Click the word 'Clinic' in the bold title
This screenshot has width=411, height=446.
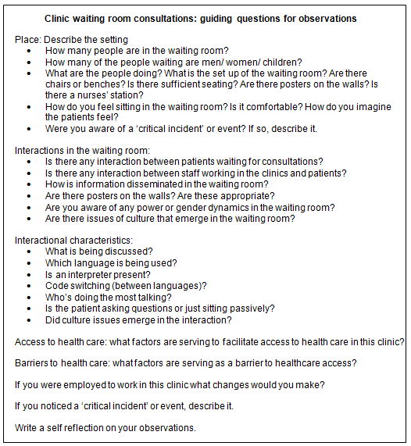(x=59, y=18)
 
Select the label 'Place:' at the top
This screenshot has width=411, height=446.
(x=28, y=39)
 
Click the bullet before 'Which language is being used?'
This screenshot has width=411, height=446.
(x=29, y=263)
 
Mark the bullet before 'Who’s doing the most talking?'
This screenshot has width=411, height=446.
(x=29, y=298)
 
